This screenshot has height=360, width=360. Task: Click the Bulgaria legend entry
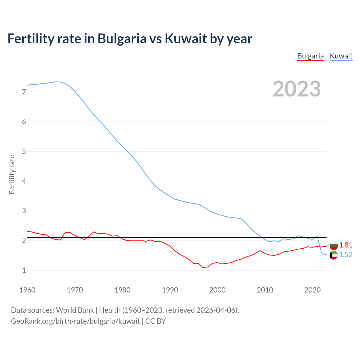[x=310, y=56]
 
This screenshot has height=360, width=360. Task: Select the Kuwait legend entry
[x=341, y=56]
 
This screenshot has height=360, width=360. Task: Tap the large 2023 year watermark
[x=297, y=89]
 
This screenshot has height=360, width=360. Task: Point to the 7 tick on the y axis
[x=24, y=92]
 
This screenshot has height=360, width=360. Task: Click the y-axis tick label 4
[x=24, y=181]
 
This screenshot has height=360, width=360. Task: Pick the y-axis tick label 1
[x=24, y=270]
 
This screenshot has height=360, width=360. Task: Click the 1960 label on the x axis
[x=27, y=290]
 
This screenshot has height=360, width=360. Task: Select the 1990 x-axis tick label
[x=170, y=290]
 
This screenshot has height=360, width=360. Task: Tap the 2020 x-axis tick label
[x=312, y=290]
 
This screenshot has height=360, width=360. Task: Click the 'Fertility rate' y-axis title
[x=12, y=174]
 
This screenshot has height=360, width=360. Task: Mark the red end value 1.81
[x=346, y=245]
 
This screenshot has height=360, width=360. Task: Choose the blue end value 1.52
[x=346, y=255]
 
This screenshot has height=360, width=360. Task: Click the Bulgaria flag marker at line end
[x=334, y=246]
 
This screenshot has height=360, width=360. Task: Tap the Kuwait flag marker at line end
[x=334, y=255]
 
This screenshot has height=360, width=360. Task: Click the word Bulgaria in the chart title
[x=122, y=39]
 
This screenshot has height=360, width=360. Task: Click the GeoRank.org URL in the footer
[x=75, y=321]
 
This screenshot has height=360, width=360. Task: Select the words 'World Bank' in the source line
[x=75, y=310]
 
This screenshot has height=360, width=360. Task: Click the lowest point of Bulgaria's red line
[x=203, y=267]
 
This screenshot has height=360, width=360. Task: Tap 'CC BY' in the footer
[x=156, y=321]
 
